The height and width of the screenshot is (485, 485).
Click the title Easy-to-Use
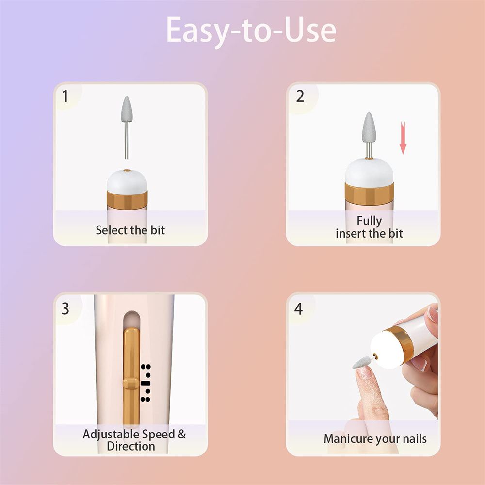(251, 30)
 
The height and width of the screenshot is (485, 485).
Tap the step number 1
(65, 96)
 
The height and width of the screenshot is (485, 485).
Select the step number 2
(300, 96)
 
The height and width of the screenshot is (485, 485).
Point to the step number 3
(65, 308)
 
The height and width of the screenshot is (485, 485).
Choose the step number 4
(299, 308)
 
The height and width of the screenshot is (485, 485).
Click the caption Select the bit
(130, 230)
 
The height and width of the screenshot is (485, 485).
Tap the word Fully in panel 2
(369, 221)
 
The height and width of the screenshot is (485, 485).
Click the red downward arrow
(403, 138)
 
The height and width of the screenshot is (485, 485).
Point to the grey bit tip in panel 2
(369, 127)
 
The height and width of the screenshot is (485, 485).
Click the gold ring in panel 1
(127, 199)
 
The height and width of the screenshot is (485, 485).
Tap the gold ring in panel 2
(369, 193)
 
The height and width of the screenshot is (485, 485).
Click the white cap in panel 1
(127, 180)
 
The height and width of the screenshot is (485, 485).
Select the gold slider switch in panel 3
(130, 383)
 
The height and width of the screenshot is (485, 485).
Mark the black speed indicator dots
(145, 383)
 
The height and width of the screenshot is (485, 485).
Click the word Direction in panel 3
(131, 446)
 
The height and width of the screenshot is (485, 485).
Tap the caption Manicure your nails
(375, 439)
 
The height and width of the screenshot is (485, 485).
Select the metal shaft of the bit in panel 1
(127, 141)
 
